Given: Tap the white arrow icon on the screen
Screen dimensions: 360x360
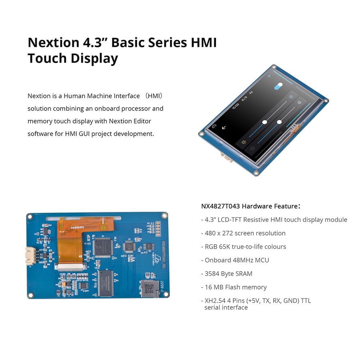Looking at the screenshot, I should tap(224, 127).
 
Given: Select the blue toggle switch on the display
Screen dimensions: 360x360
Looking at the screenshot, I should tap(278, 86).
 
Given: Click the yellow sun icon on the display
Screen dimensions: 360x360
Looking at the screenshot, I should tap(244, 143).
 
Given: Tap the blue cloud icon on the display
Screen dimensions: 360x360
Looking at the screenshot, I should tap(214, 126).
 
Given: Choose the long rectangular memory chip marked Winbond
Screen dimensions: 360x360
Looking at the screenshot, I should tap(105, 283).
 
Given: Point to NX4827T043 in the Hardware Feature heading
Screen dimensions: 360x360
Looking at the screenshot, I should tap(220, 206).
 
